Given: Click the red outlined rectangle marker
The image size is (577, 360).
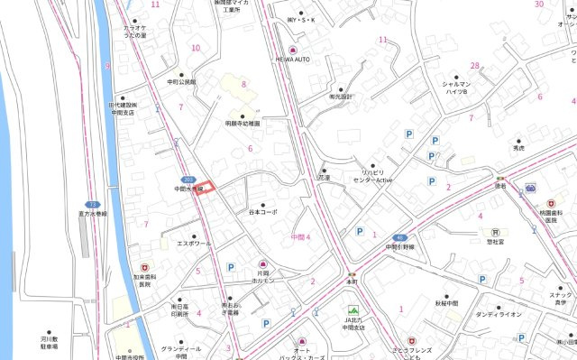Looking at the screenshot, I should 207,188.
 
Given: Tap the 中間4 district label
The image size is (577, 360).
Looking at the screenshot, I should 301,237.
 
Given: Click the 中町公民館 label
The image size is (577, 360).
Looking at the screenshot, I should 182,81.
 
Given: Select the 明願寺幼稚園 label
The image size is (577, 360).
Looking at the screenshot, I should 243,122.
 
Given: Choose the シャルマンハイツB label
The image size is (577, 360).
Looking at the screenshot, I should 455,88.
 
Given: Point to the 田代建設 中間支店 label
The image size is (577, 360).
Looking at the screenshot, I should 123,108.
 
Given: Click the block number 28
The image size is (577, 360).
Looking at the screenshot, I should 474,66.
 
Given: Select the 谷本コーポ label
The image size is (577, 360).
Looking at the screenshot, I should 262,212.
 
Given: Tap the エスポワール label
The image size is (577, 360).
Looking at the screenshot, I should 194,244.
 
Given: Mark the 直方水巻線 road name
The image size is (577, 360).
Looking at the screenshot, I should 91,214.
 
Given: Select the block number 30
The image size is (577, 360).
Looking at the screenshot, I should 539,5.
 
